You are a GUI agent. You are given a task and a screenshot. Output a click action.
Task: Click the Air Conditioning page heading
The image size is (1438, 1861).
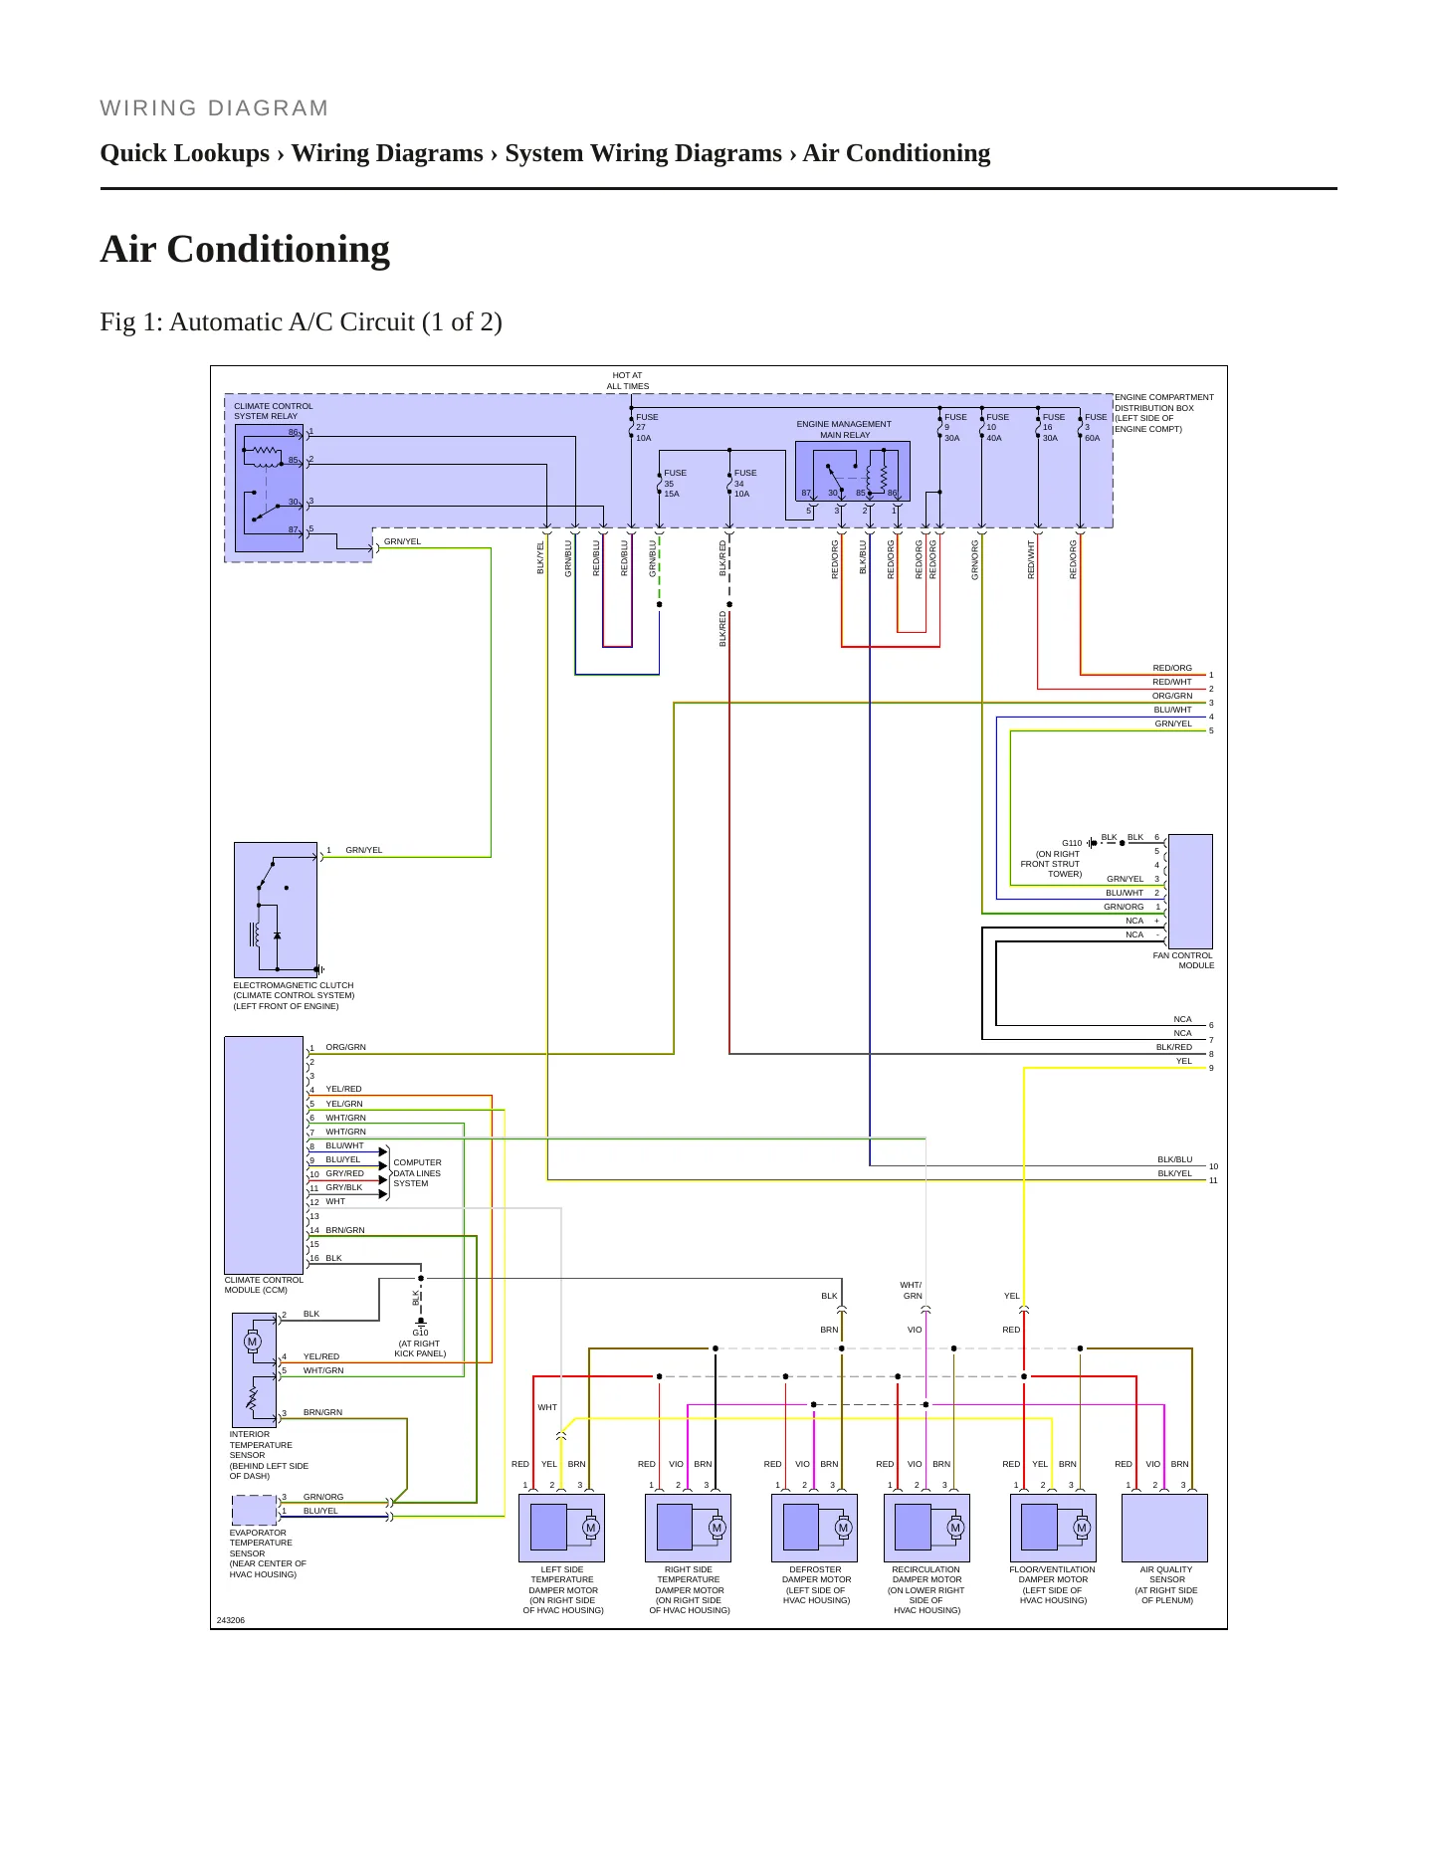click(x=245, y=249)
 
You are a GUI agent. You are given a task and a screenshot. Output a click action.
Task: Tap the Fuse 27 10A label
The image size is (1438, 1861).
click(x=647, y=428)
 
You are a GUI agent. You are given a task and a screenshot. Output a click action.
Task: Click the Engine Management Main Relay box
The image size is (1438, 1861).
click(x=853, y=471)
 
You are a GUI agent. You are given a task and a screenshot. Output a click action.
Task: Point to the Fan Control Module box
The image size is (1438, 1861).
click(x=1190, y=892)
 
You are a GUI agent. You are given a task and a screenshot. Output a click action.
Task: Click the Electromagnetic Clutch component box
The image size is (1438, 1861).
click(x=276, y=911)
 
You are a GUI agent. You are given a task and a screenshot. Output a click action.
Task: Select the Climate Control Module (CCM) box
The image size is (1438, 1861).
click(x=264, y=1155)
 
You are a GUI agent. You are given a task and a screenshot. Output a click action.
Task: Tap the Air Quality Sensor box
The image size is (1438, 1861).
click(x=1164, y=1528)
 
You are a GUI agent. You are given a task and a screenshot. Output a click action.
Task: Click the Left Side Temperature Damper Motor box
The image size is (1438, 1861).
click(x=562, y=1528)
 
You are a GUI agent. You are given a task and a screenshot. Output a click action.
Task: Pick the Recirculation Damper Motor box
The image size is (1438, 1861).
click(x=926, y=1528)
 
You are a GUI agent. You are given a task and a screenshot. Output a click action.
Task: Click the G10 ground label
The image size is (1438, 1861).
click(x=420, y=1333)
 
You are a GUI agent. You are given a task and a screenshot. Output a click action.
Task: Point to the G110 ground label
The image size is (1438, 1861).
click(x=1072, y=843)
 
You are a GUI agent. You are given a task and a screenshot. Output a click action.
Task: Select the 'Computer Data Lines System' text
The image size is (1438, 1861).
click(x=417, y=1173)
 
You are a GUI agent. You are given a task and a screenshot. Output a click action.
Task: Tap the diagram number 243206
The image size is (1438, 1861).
click(x=231, y=1620)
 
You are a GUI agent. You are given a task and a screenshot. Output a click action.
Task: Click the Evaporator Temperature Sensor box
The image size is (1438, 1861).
click(x=255, y=1511)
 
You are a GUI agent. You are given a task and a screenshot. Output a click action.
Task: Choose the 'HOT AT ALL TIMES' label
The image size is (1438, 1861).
click(x=628, y=381)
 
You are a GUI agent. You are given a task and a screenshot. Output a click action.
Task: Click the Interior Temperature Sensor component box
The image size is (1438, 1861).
click(x=255, y=1370)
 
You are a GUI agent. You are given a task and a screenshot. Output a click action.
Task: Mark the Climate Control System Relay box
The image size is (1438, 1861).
click(x=269, y=488)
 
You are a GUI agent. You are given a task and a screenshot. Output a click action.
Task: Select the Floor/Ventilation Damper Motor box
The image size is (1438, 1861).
click(x=1053, y=1528)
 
